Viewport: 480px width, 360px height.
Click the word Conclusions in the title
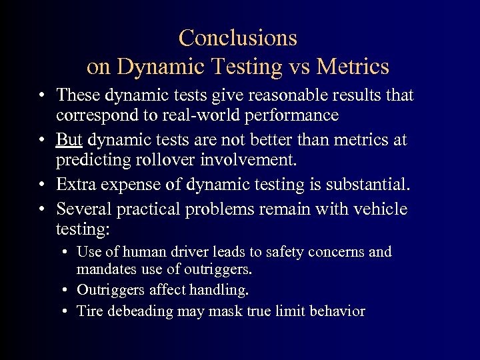click(x=238, y=37)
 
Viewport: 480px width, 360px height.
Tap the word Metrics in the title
click(x=353, y=67)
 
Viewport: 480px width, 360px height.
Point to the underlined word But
click(x=69, y=141)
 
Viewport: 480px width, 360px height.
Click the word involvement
click(x=253, y=160)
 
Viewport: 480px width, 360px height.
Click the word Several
click(x=84, y=209)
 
